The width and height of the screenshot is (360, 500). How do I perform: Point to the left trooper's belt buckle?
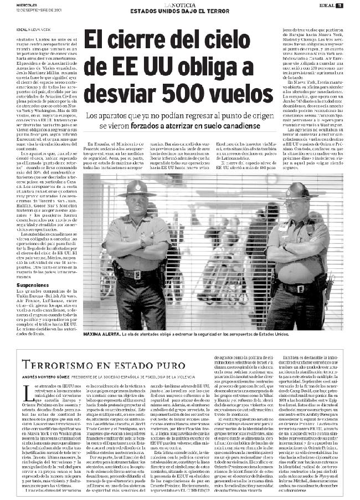tap(136, 274)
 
